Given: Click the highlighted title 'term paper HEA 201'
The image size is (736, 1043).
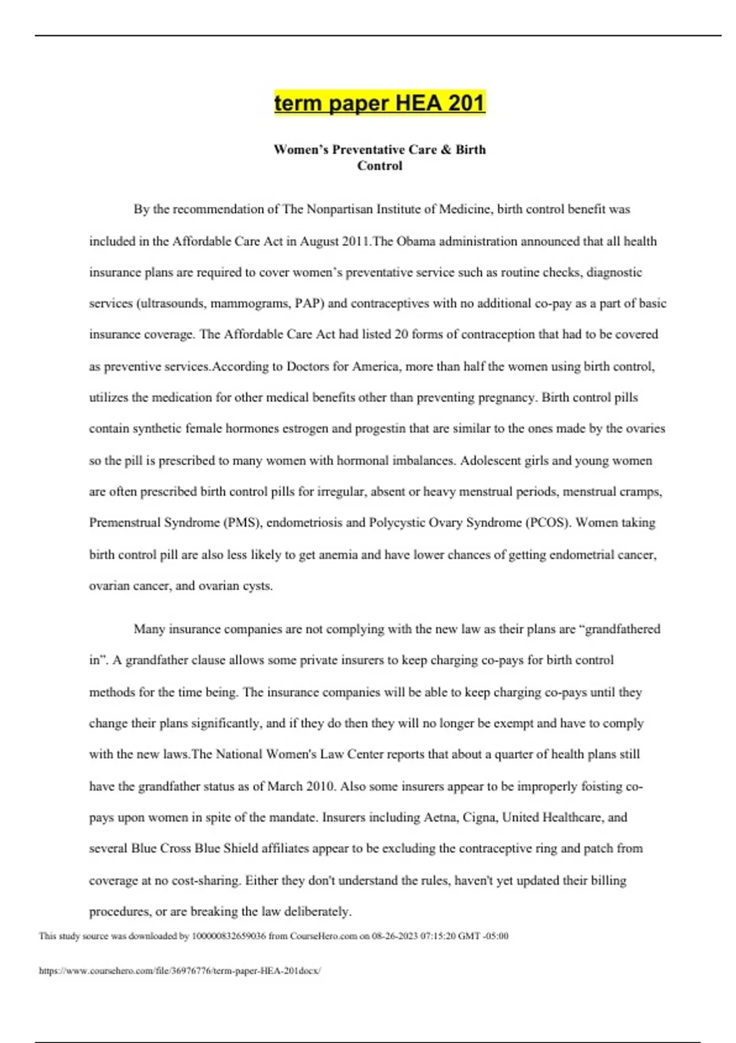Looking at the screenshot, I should pyautogui.click(x=379, y=103).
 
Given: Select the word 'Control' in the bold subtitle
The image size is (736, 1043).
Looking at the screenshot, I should pyautogui.click(x=379, y=166).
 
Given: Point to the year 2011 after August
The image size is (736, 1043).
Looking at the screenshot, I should pyautogui.click(x=356, y=241).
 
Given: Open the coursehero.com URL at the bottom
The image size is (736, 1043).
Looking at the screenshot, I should pyautogui.click(x=180, y=971).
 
